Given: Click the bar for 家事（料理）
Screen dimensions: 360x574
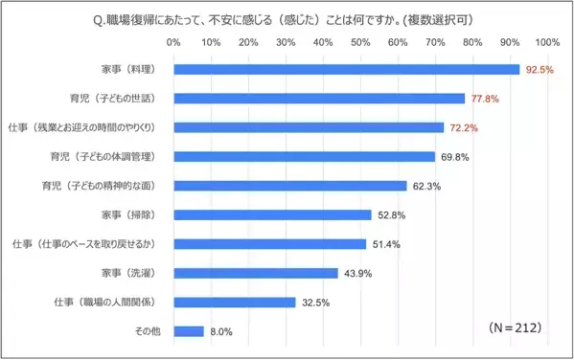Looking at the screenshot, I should (346, 70).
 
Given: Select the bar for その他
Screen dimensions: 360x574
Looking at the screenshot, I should (189, 331).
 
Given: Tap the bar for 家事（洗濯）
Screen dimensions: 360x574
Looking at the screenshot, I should (256, 273).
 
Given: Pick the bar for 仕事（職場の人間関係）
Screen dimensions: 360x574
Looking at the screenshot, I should (235, 303).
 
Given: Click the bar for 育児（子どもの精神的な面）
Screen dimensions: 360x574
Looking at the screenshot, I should (290, 186).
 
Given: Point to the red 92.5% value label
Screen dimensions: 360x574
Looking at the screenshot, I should (540, 70).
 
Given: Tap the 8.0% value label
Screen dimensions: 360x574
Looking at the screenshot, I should (220, 332).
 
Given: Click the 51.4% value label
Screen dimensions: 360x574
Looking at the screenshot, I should (386, 244).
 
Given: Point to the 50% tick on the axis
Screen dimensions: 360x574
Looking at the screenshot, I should (360, 43).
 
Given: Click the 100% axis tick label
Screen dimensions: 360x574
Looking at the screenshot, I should (547, 43).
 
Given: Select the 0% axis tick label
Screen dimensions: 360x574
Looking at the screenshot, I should (173, 43).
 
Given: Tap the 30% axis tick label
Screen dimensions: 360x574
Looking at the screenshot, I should (286, 43).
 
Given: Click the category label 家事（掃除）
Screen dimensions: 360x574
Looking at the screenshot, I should (128, 214).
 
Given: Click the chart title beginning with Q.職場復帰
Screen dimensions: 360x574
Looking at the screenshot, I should (287, 18).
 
